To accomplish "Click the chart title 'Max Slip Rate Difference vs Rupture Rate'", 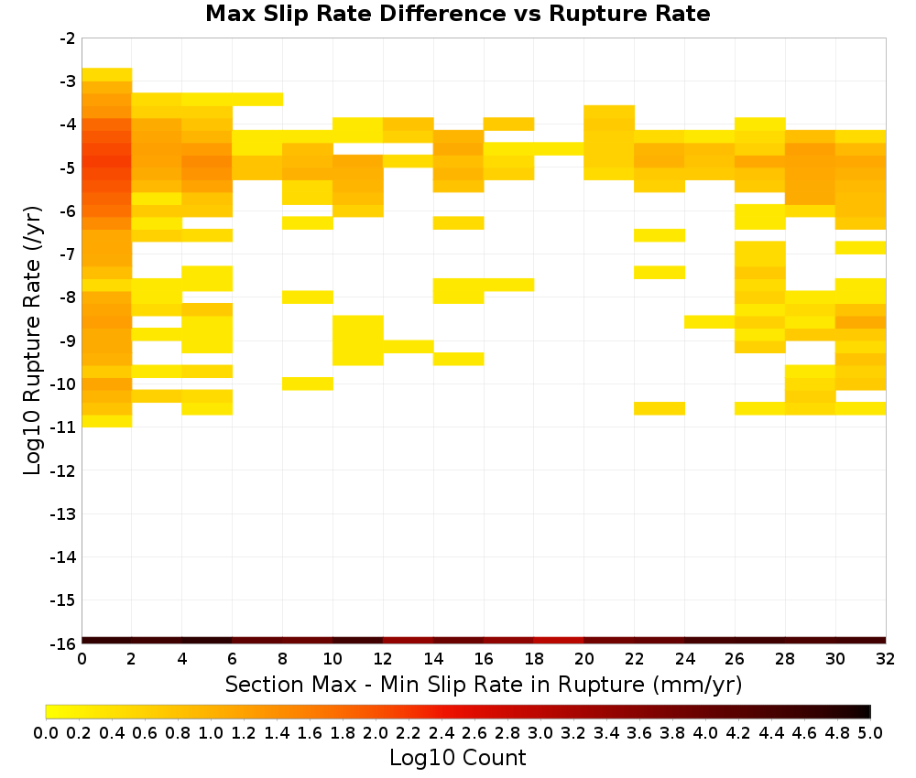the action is pyautogui.click(x=457, y=14).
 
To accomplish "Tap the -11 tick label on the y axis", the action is pyautogui.click(x=63, y=427).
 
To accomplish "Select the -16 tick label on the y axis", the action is pyautogui.click(x=63, y=643).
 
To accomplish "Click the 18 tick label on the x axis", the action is pyautogui.click(x=533, y=659).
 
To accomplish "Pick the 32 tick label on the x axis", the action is pyautogui.click(x=886, y=659).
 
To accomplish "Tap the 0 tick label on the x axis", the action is pyautogui.click(x=82, y=659).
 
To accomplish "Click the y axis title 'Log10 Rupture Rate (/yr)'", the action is pyautogui.click(x=32, y=340).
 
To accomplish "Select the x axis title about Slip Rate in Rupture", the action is pyautogui.click(x=483, y=684).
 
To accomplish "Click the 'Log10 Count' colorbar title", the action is pyautogui.click(x=457, y=758).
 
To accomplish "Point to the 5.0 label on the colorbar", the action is pyautogui.click(x=870, y=732).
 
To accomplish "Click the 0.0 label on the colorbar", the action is pyautogui.click(x=46, y=732).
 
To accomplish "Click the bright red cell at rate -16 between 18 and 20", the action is pyautogui.click(x=559, y=641).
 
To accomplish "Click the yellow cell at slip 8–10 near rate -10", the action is pyautogui.click(x=308, y=384).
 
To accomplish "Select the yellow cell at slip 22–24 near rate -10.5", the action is pyautogui.click(x=660, y=408).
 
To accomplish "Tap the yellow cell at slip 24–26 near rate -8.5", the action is pyautogui.click(x=710, y=321).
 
